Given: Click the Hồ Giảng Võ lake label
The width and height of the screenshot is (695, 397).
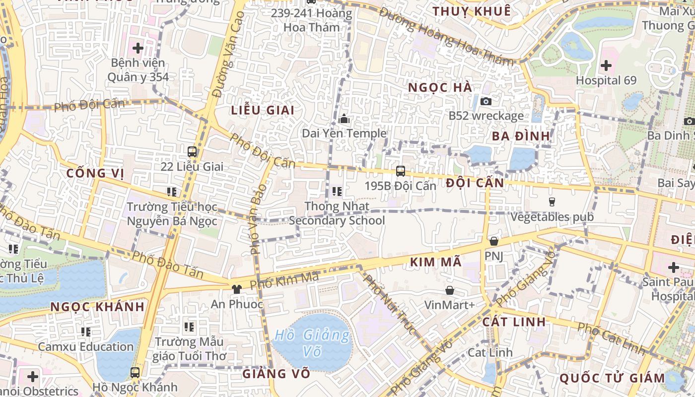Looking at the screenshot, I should click(312, 342).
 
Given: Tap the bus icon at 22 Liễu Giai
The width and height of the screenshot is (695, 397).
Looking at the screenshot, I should click(192, 152).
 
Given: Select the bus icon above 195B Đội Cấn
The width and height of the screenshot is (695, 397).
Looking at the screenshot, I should click(400, 171).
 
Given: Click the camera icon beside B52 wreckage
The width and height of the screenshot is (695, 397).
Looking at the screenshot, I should click(486, 101).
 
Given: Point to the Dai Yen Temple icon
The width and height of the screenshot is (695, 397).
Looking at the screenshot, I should click(344, 119).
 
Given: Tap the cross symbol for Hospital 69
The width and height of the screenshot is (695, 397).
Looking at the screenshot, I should click(606, 65).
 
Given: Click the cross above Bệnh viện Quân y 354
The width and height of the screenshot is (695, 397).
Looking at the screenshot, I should click(138, 49).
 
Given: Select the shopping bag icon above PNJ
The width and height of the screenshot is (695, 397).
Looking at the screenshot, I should click(493, 241).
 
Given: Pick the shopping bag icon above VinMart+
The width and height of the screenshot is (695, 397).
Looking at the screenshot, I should click(450, 290).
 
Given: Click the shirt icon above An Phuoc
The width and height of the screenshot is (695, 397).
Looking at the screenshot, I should click(237, 289).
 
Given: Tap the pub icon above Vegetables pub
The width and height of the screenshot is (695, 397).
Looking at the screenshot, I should click(552, 201).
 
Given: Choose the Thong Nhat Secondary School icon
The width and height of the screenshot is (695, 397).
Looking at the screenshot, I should click(337, 191).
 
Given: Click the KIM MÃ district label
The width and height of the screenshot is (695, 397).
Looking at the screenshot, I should click(436, 262).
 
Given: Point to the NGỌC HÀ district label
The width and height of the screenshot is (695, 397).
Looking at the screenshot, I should click(440, 87).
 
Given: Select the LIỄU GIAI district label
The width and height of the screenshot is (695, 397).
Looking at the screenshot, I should click(263, 110).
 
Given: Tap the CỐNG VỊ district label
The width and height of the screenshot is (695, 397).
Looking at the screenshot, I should click(95, 173).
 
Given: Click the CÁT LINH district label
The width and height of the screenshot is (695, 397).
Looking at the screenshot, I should click(514, 322).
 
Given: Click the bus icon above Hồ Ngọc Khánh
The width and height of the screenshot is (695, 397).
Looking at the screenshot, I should click(135, 372).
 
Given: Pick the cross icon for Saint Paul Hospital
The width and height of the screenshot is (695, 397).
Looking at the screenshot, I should click(673, 267).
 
